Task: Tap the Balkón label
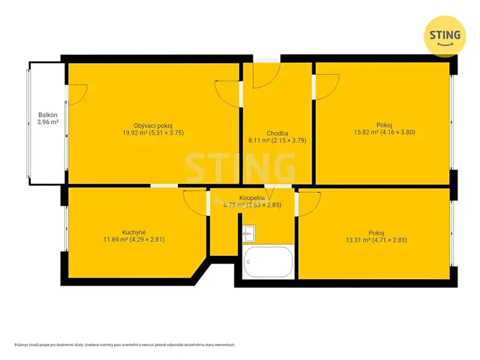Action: coord(48,115)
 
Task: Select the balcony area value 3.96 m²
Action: coord(48,122)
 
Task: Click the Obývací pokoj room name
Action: coord(153,126)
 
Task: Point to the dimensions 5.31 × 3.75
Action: coord(166,133)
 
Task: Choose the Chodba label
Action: coord(277,133)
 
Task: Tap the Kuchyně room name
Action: coord(134,232)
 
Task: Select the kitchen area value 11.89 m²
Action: coord(116,239)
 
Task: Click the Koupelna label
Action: coord(252,198)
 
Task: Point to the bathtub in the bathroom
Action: coord(268,262)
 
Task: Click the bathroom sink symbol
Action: coord(249,234)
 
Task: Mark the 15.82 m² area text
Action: coord(366,132)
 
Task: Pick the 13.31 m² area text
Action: coord(358,240)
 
